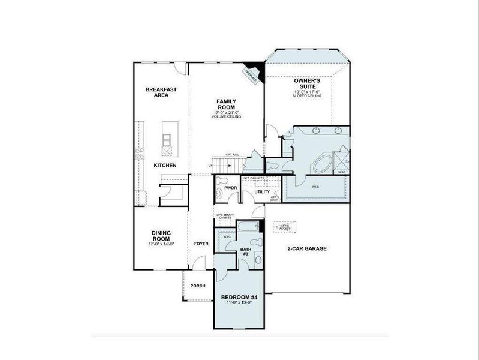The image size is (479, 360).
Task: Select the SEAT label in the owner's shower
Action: tap(341, 172)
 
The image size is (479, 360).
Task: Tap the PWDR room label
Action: tap(231, 188)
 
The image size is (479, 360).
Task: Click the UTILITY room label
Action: tap(263, 192)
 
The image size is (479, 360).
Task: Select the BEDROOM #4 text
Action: tap(239, 298)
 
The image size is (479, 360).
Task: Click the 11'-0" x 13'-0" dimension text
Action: tap(239, 304)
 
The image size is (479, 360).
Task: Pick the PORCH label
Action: tap(198, 286)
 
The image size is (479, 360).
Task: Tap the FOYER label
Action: tap(200, 244)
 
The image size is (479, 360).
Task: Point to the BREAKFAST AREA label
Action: tap(161, 92)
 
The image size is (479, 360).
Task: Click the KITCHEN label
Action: tap(165, 165)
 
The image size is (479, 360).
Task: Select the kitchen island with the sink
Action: tap(166, 140)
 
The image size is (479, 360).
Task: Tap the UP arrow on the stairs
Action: tap(210, 166)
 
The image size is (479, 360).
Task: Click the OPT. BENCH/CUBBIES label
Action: tap(225, 216)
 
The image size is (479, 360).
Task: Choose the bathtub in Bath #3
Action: tap(248, 227)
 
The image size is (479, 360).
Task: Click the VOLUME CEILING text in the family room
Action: tap(227, 117)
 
